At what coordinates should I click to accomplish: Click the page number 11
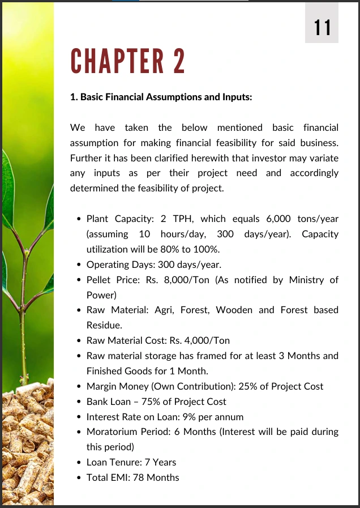[x=322, y=27]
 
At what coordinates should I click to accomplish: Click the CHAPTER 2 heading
[x=128, y=61]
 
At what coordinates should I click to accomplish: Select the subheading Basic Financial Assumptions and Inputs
[x=161, y=97]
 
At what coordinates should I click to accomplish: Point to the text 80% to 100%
[x=191, y=249]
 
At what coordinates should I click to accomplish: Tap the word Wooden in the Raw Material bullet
[x=237, y=310]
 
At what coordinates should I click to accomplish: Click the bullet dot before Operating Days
[x=79, y=264]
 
